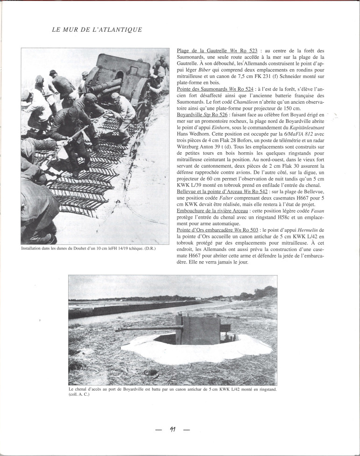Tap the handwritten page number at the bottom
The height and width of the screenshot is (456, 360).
click(172, 430)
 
